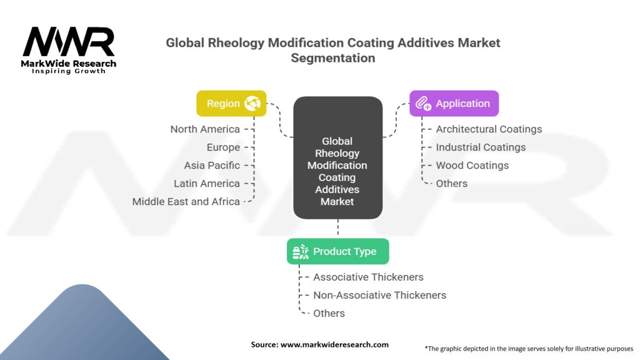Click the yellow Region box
pos(231,103)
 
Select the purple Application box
pos(454,103)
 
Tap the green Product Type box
pos(338,251)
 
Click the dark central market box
pos(338,157)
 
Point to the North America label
pos(205,129)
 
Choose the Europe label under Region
pos(223,147)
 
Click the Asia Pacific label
pos(212,165)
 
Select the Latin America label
pos(207,183)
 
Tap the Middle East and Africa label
pos(186,201)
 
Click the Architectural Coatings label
pos(489,129)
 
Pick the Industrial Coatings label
pos(481,147)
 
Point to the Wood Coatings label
pos(472,165)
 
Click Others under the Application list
pos(451,183)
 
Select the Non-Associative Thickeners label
pos(379,295)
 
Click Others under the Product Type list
pos(329,313)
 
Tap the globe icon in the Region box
pos(252,103)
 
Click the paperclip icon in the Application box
pos(423,103)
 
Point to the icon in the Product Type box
pos(301,252)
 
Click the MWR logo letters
pos(69,41)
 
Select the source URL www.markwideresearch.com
pos(334,344)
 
